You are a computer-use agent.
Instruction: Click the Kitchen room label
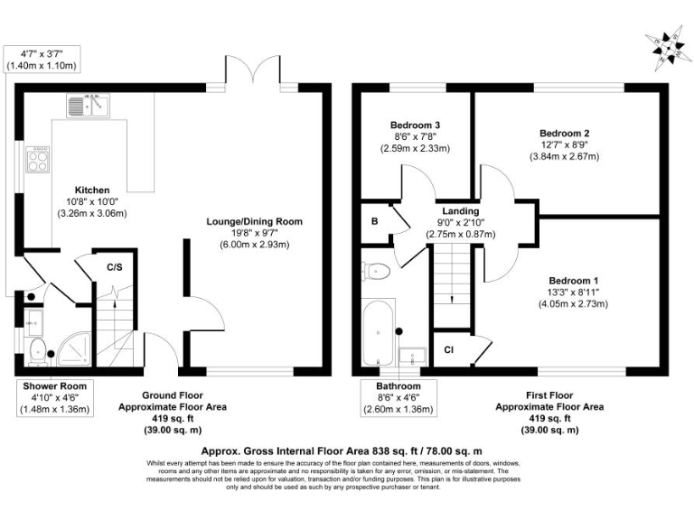[x=92, y=190]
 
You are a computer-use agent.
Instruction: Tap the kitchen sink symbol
[x=87, y=107]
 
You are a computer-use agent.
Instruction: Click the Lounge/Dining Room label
[x=254, y=221]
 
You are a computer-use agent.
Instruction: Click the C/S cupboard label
[x=115, y=267]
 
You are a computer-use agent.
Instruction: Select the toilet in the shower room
[x=39, y=351]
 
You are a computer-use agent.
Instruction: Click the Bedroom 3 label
[x=415, y=125]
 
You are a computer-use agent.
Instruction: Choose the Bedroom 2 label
[x=563, y=131]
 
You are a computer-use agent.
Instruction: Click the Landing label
[x=461, y=210]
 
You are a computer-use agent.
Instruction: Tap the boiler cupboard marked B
[x=374, y=219]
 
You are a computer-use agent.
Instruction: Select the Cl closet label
[x=448, y=349]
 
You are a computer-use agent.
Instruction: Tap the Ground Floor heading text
[x=172, y=395]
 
